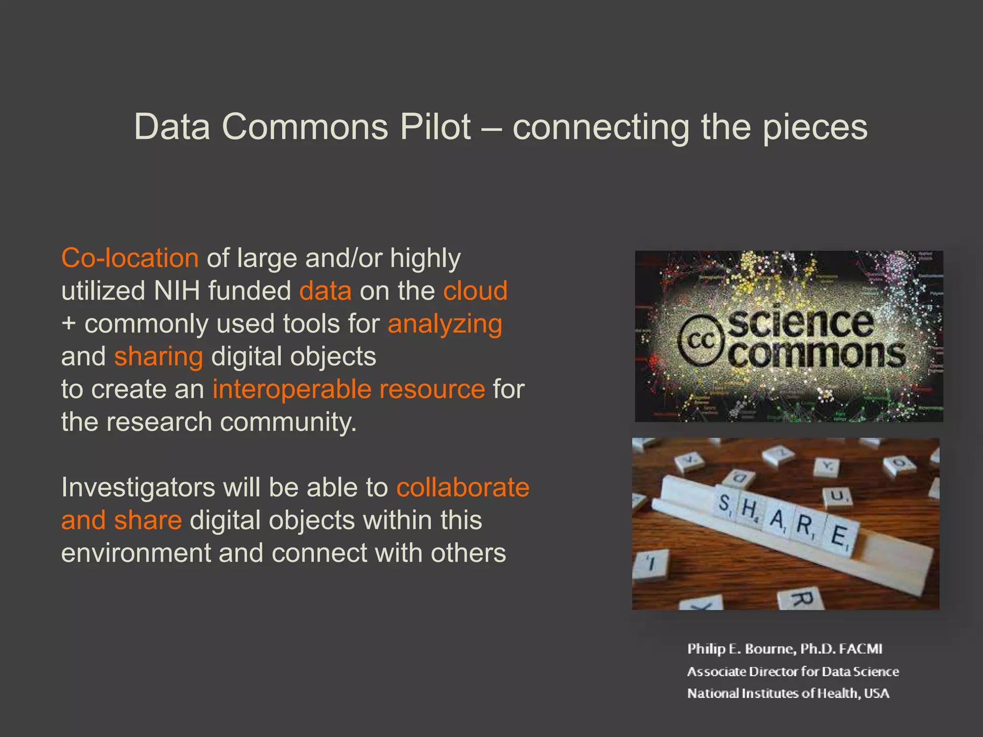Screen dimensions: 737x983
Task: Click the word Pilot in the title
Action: [x=435, y=127]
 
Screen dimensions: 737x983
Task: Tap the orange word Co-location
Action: [x=130, y=258]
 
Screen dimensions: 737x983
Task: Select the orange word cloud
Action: [x=475, y=291]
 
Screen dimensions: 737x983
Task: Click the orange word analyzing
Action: [x=445, y=324]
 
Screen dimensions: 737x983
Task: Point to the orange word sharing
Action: [x=158, y=357]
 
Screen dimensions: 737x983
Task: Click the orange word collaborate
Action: [x=463, y=487]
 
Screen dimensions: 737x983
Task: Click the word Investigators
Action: [x=138, y=487]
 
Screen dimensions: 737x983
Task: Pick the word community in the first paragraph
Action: [x=288, y=422]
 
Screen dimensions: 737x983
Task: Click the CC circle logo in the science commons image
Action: [x=701, y=341]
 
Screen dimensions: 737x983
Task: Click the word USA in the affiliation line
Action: [x=876, y=693]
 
